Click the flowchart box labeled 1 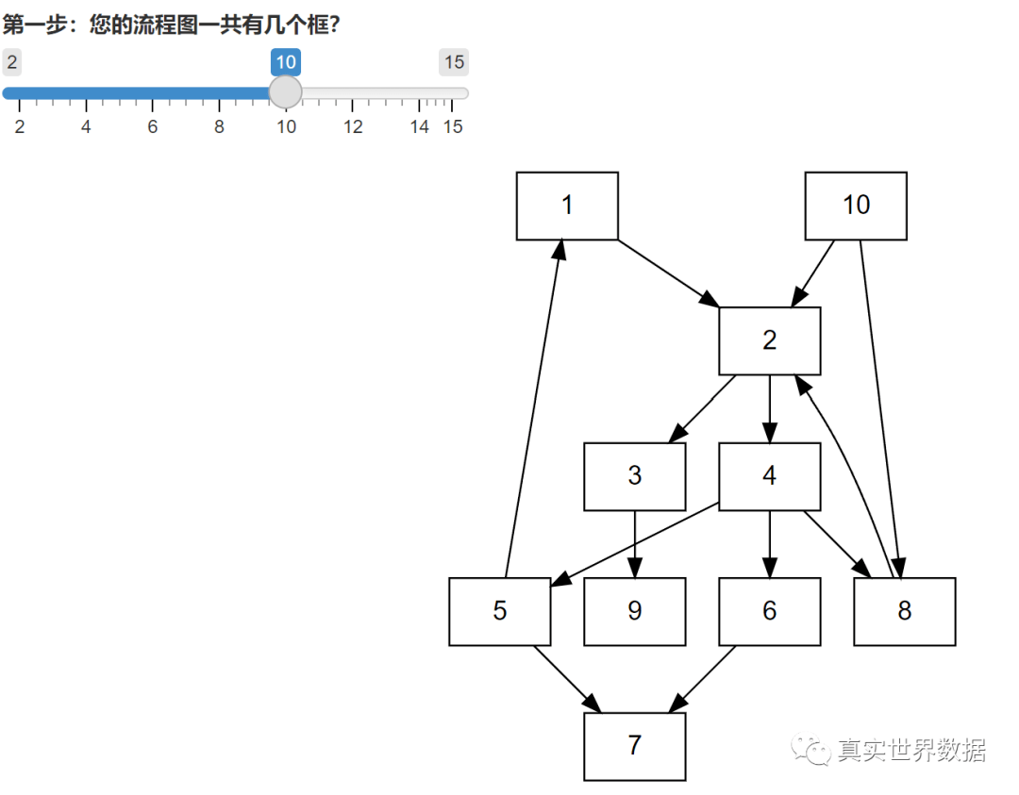(x=567, y=206)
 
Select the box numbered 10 (x=856, y=206)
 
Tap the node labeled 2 (x=770, y=341)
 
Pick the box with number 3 (x=635, y=476)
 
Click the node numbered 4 (x=770, y=476)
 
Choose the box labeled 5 (x=500, y=611)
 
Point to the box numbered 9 (x=635, y=611)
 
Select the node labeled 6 (x=770, y=611)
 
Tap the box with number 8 (x=905, y=611)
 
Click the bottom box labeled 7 (x=635, y=746)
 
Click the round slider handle (x=285, y=92)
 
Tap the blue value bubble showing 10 (x=286, y=62)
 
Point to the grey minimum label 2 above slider (x=11, y=62)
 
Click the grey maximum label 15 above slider (x=454, y=62)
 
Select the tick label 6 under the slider (x=153, y=126)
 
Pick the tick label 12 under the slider (x=353, y=126)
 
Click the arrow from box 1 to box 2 (x=669, y=273)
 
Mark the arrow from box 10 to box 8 (x=880, y=409)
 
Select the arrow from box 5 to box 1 (x=534, y=408)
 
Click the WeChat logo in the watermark (x=810, y=749)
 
